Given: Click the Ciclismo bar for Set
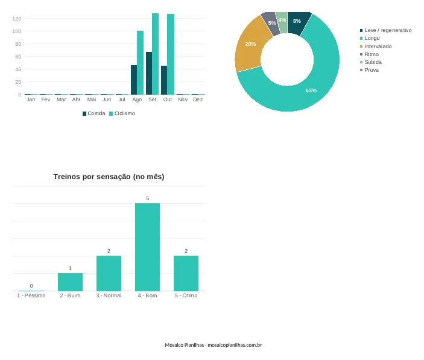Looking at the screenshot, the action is click(155, 54).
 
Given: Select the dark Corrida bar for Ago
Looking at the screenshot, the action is click(134, 80).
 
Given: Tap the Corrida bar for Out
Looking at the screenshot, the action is click(164, 80).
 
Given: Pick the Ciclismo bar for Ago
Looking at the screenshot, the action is click(140, 63).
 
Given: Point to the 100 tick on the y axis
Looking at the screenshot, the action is click(16, 31).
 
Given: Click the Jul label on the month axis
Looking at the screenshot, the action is click(122, 99).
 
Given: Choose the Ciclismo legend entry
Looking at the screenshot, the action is click(122, 113).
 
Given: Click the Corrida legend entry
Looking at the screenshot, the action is click(94, 113).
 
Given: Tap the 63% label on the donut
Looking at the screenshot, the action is click(311, 90).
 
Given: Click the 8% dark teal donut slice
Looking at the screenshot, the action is click(298, 22).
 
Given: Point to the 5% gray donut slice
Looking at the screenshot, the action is click(271, 24).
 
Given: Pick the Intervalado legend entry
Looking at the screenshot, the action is click(376, 46).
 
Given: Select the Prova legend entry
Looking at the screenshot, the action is click(369, 70).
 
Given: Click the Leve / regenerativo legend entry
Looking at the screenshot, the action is click(385, 30).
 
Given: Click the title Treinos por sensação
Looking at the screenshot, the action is click(109, 177).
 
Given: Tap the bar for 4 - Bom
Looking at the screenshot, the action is click(147, 247).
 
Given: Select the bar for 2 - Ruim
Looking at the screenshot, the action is click(70, 282).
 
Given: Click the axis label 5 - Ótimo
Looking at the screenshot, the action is click(186, 295).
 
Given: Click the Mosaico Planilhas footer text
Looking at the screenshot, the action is click(214, 345).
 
